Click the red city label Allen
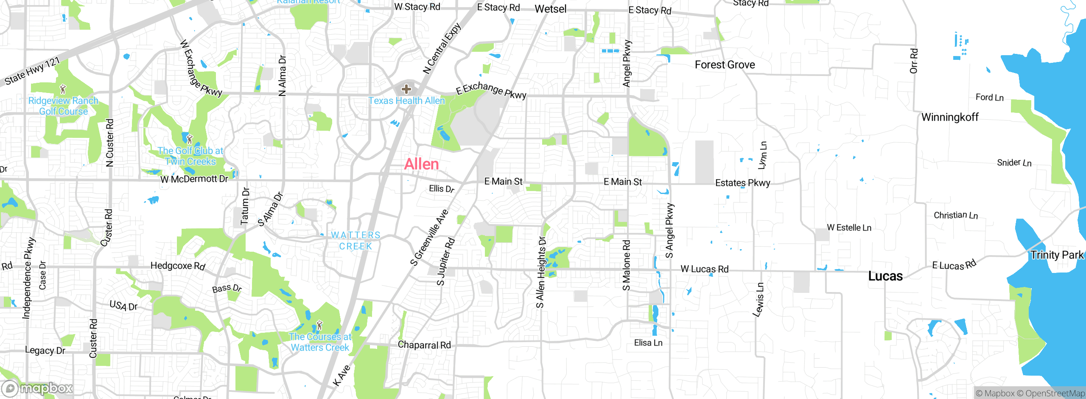421,164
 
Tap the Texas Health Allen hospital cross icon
406,89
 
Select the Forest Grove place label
725,65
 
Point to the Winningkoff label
950,117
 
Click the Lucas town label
885,276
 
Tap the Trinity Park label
1057,255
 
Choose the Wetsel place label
550,9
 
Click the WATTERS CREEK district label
355,241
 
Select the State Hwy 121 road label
32,71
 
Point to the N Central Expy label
442,48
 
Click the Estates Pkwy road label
742,183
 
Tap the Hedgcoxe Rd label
178,266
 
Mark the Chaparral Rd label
424,345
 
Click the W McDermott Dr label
194,179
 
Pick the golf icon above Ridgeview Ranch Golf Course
63,89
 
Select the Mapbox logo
37,388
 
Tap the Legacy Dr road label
45,351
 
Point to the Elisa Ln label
648,343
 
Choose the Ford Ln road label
989,97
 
